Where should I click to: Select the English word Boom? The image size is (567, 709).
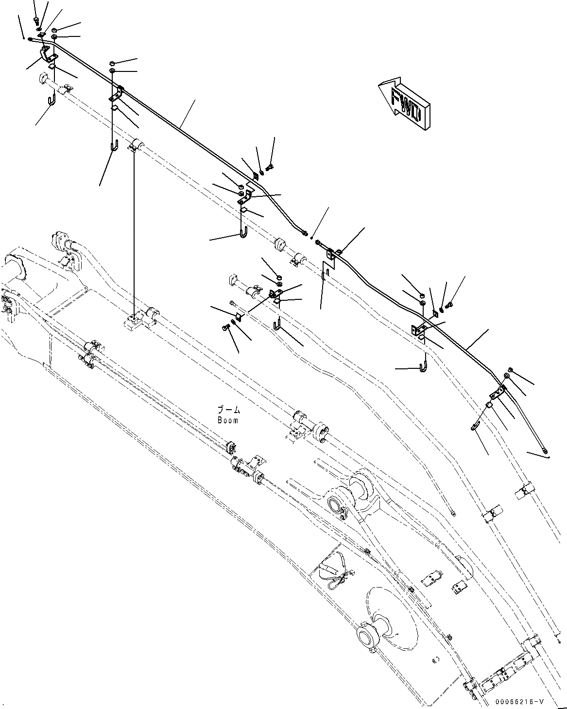coord(228,420)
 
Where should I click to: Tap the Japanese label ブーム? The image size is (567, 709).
coord(228,411)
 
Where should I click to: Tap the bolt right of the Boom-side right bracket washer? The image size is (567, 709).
coord(448,305)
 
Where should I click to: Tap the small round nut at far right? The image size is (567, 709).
coord(510,369)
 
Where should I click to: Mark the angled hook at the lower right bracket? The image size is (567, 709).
coord(475,426)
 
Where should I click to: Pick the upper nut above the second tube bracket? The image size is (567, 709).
coord(112,63)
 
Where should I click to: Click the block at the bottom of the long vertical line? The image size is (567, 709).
coord(133,321)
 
